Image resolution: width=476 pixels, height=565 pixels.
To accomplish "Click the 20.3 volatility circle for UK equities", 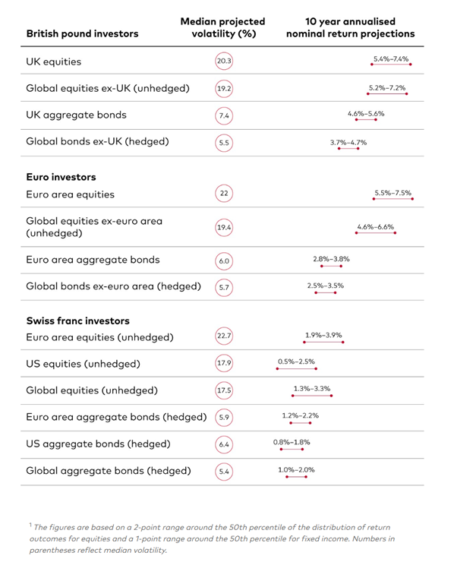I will click(x=223, y=62).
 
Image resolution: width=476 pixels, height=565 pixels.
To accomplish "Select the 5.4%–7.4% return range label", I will click(x=391, y=58).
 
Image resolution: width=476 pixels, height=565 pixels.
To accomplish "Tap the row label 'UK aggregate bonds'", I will click(x=76, y=115).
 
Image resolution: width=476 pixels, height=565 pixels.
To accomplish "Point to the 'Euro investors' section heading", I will click(x=61, y=177).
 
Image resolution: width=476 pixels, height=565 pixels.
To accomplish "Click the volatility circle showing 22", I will click(x=223, y=194).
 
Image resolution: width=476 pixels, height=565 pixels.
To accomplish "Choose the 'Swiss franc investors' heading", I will click(x=77, y=320).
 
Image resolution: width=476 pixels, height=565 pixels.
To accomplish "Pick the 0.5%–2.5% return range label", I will click(x=296, y=361).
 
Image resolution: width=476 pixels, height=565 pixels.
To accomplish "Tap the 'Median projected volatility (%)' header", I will click(x=222, y=27).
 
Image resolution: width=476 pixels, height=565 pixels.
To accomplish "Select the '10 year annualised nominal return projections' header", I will click(x=350, y=27).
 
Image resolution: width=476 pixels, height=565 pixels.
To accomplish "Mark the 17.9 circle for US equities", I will click(x=223, y=363).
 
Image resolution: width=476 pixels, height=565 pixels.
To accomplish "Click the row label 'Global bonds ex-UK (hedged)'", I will click(x=97, y=141).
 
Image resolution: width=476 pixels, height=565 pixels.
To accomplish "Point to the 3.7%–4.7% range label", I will click(x=348, y=142).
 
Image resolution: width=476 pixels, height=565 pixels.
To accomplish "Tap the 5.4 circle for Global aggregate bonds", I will click(x=223, y=471).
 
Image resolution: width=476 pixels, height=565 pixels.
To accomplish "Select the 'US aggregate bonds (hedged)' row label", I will click(x=98, y=443).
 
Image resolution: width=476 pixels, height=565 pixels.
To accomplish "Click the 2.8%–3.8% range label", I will click(x=331, y=259).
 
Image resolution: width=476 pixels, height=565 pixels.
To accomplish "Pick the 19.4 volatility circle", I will click(x=223, y=227).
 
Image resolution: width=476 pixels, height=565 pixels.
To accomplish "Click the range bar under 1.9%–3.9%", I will click(x=323, y=342).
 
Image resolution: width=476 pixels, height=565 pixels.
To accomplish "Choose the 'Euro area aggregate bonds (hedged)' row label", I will click(x=116, y=417).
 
